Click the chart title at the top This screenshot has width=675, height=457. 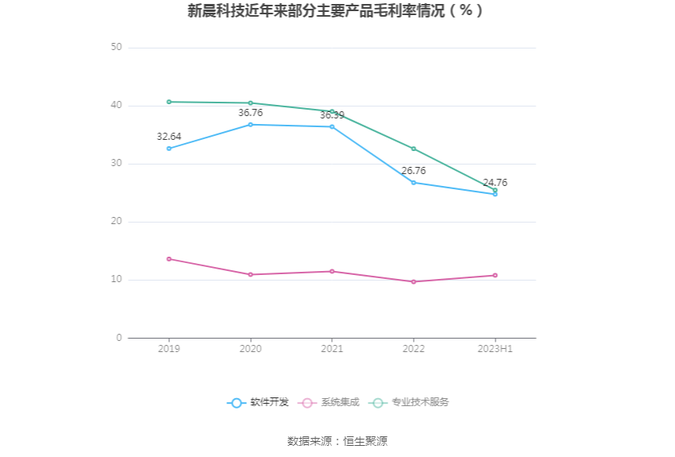click(336, 11)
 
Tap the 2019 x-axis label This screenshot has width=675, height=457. click(169, 349)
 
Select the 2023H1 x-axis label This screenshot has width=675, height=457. click(495, 349)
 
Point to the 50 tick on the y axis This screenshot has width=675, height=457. click(117, 48)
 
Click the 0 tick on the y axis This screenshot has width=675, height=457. click(119, 338)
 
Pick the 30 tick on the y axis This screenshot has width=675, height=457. click(117, 164)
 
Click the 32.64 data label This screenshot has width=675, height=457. click(169, 137)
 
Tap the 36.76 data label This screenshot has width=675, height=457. click(250, 113)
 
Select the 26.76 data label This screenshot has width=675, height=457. click(413, 171)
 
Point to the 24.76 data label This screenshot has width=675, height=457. click(495, 183)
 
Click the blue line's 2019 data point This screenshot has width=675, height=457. click(169, 149)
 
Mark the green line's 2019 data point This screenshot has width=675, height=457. click(169, 102)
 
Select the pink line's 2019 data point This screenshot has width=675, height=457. click(169, 259)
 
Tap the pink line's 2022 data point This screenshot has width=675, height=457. click(413, 281)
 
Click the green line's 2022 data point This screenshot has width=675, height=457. click(413, 149)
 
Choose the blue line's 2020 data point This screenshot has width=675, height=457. click(250, 125)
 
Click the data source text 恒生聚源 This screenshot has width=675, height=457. click(365, 441)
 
